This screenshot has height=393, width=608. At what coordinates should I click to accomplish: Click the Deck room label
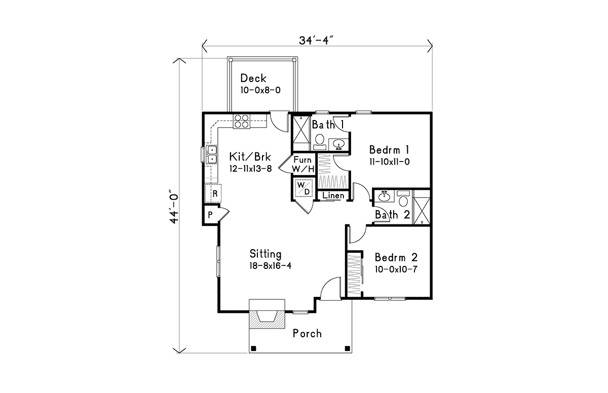pos(253,78)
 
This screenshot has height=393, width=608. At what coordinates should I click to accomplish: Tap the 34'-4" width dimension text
pos(316,41)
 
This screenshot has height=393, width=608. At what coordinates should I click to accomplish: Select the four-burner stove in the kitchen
pos(241,121)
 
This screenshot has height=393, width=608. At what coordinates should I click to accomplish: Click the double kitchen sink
pos(211,154)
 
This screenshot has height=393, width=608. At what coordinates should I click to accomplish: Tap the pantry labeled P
pos(211,215)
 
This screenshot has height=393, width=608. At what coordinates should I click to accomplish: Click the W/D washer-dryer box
pos(303,188)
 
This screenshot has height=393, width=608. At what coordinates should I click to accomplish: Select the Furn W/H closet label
pos(303,164)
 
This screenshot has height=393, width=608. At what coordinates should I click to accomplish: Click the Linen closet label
pos(333,195)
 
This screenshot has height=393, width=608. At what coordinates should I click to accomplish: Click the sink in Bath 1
pos(338,144)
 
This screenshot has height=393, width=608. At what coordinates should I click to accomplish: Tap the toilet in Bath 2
pos(403,198)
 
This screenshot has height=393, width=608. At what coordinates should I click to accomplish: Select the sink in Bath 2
pos(384,196)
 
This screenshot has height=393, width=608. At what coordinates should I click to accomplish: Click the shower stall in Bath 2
pos(421,207)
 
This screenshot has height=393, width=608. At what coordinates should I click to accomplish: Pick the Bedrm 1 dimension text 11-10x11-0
pos(389,162)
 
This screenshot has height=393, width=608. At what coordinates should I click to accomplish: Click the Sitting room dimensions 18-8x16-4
pos(271,266)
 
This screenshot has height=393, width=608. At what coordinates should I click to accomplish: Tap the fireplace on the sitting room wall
pos(267,314)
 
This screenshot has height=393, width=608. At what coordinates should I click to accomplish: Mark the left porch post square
pos(253,348)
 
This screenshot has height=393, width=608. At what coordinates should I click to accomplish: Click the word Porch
pos(307,334)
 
